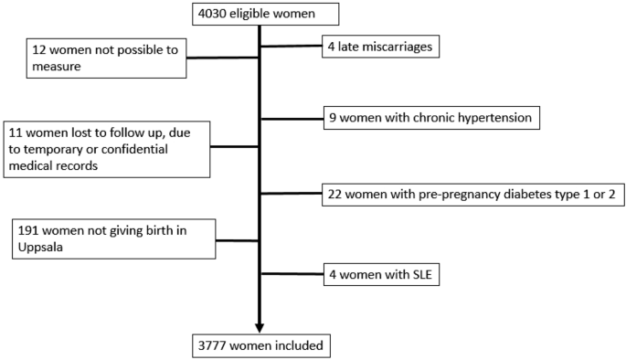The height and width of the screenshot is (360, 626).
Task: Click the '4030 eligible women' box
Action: pos(266,14)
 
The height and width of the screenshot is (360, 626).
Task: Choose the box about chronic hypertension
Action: pos(430,117)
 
